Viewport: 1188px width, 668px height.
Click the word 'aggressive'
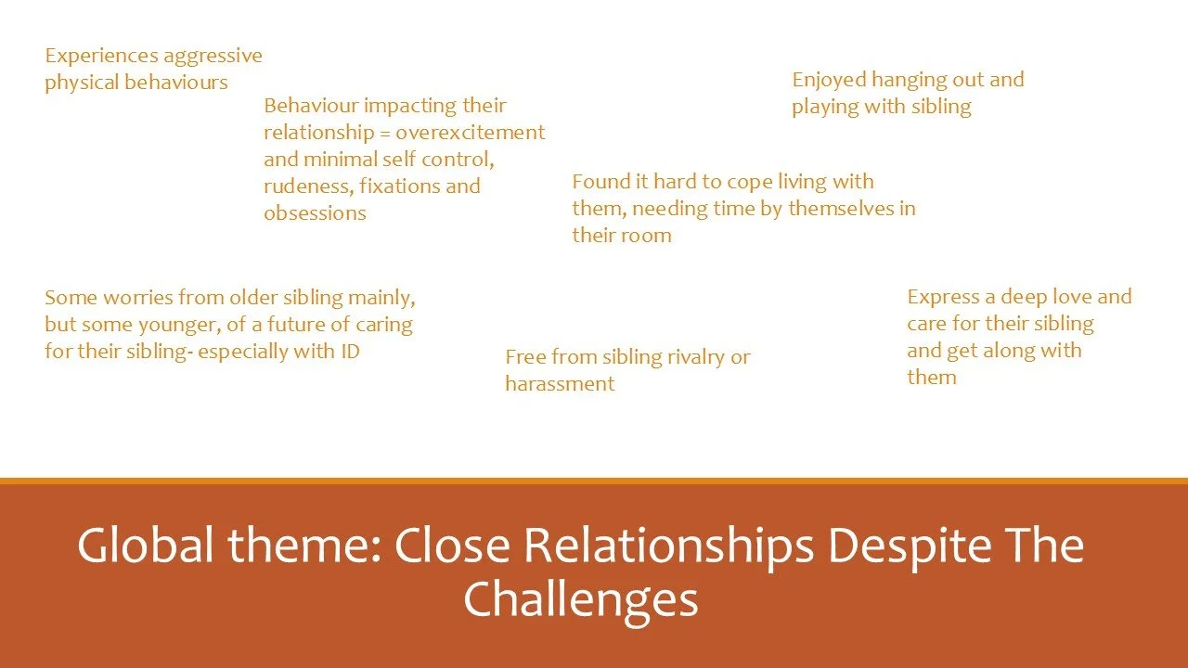(x=213, y=56)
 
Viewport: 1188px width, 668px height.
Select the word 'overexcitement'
(x=472, y=133)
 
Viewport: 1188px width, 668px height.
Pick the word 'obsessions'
(x=315, y=213)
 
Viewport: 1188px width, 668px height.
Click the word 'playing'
(x=825, y=107)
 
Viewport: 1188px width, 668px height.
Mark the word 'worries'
(x=118, y=298)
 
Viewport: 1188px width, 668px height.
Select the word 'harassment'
(x=560, y=384)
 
